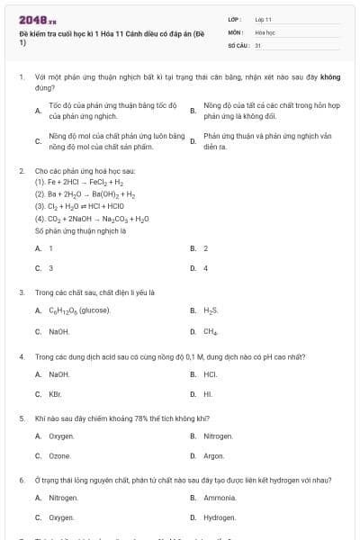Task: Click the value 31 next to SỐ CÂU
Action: tap(258, 43)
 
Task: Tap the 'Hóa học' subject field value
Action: tap(265, 31)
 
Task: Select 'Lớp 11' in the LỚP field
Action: tap(264, 19)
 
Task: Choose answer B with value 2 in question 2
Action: tap(205, 247)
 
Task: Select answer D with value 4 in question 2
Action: tap(205, 268)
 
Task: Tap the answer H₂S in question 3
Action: tap(211, 310)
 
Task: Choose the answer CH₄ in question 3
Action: tap(211, 331)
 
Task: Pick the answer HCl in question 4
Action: tap(211, 373)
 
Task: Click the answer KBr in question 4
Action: tap(55, 394)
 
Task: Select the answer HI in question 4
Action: tap(208, 394)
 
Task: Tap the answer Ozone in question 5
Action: tap(60, 456)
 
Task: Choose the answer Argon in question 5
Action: tap(214, 456)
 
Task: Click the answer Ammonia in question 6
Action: tap(220, 498)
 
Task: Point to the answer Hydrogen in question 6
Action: tap(220, 518)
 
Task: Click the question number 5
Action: tap(21, 418)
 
